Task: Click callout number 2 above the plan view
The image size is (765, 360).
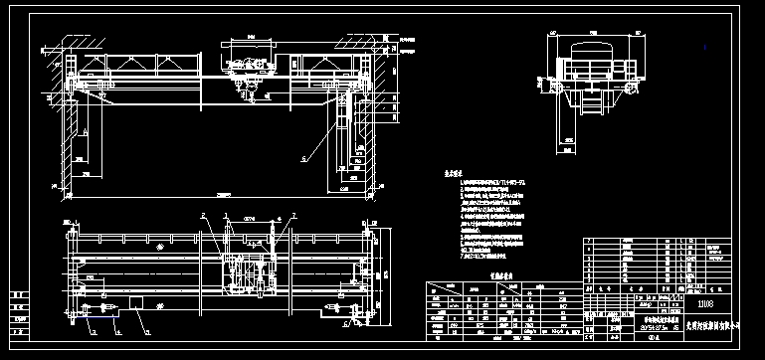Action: point(201,215)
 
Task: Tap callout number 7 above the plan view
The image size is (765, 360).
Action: point(293,215)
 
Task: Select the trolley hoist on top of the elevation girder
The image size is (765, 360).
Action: point(247,60)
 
